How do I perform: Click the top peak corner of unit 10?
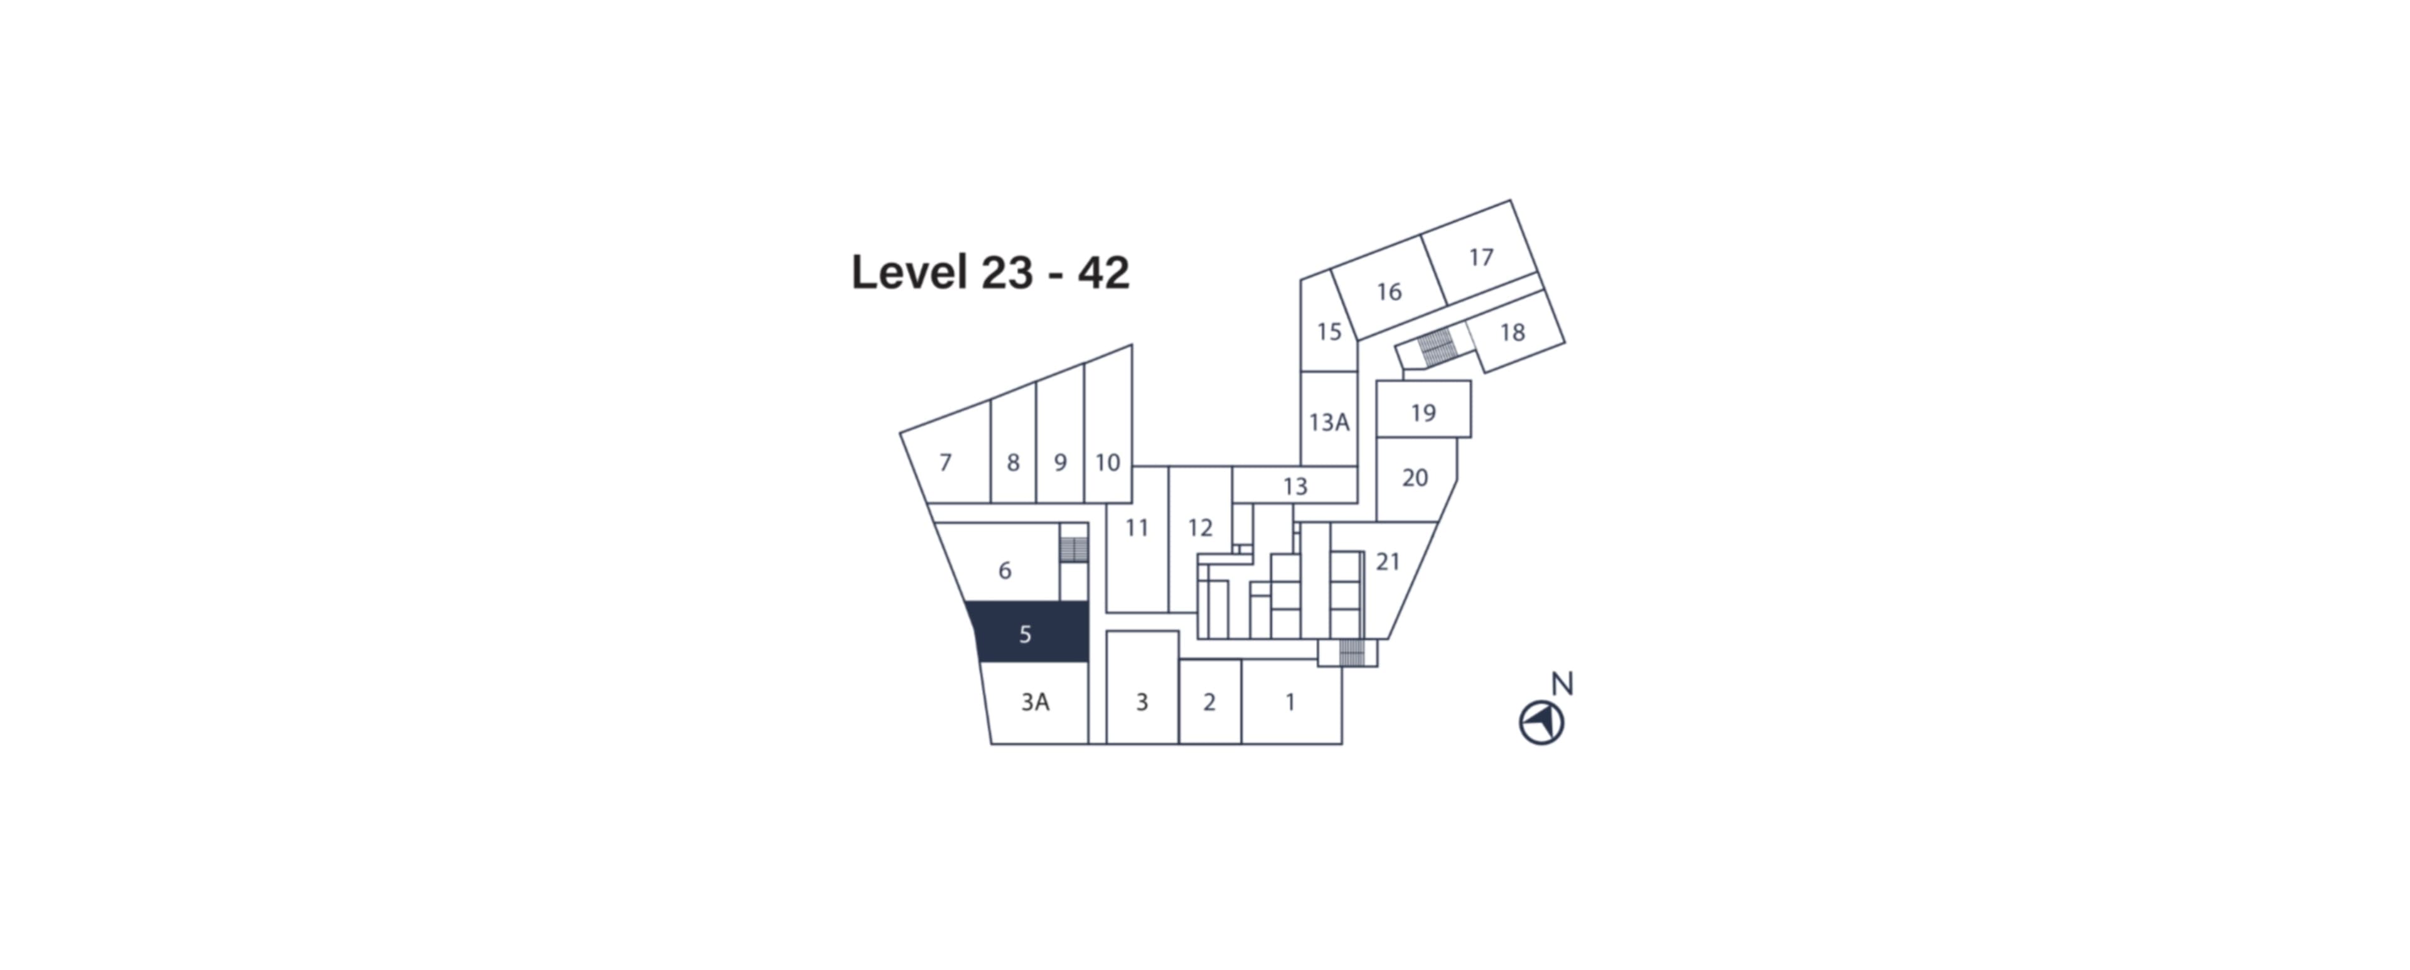[1132, 345]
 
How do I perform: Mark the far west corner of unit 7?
[900, 433]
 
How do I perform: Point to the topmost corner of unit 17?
[1510, 200]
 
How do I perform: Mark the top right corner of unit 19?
[1470, 381]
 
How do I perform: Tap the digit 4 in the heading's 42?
[1091, 272]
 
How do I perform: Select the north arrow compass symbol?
[1542, 723]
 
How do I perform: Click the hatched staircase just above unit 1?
[1352, 653]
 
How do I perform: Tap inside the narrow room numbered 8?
[1013, 449]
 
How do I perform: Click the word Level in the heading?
[909, 272]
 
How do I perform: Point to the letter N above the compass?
[1562, 684]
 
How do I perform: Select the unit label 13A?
[1329, 422]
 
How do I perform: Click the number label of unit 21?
[1388, 562]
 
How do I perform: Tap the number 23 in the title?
[1007, 272]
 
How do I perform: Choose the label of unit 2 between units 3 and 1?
[1209, 701]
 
